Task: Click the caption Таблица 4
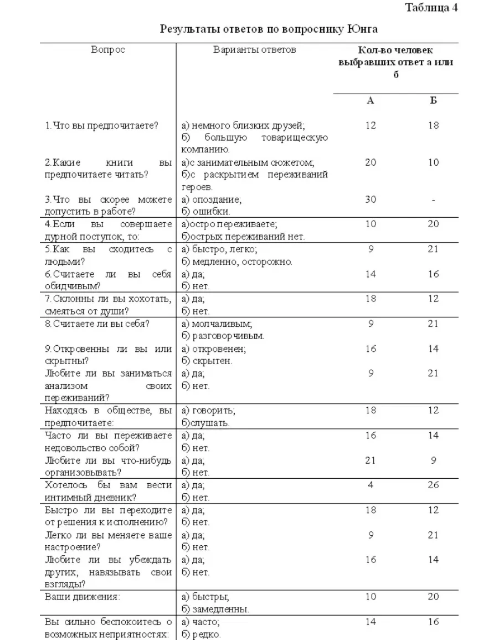point(431,8)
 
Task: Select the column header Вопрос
point(108,50)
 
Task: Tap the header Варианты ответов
point(255,50)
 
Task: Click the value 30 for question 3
point(371,199)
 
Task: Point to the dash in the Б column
point(433,199)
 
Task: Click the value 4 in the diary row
point(371,485)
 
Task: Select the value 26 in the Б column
point(433,485)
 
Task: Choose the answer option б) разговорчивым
point(223,336)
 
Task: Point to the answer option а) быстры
point(205,597)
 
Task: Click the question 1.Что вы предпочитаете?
point(102,126)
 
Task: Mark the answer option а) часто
point(201,622)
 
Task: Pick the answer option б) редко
point(201,634)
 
